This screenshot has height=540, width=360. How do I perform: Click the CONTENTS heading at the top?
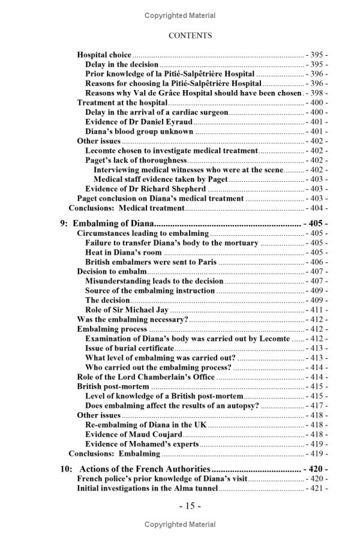click(190, 35)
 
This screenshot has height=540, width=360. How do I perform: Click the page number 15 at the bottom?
click(190, 506)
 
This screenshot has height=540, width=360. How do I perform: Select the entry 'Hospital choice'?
click(104, 55)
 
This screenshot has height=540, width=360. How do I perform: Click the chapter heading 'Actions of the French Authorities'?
click(145, 469)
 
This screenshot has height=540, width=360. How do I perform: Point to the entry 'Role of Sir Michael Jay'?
click(127, 310)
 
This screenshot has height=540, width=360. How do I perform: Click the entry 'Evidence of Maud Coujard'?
click(133, 434)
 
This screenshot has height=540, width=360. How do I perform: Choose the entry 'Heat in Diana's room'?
click(124, 253)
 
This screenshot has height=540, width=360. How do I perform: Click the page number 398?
click(316, 94)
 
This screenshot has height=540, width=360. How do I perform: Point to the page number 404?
click(316, 208)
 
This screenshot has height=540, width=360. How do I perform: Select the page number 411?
click(316, 310)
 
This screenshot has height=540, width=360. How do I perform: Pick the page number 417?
click(316, 406)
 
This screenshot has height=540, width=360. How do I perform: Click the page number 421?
click(316, 488)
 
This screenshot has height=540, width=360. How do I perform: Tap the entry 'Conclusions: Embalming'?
click(115, 454)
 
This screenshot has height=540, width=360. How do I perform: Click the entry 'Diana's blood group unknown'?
click(139, 131)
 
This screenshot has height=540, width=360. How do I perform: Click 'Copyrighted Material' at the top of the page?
click(180, 16)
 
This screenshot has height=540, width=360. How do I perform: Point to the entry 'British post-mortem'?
click(113, 386)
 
